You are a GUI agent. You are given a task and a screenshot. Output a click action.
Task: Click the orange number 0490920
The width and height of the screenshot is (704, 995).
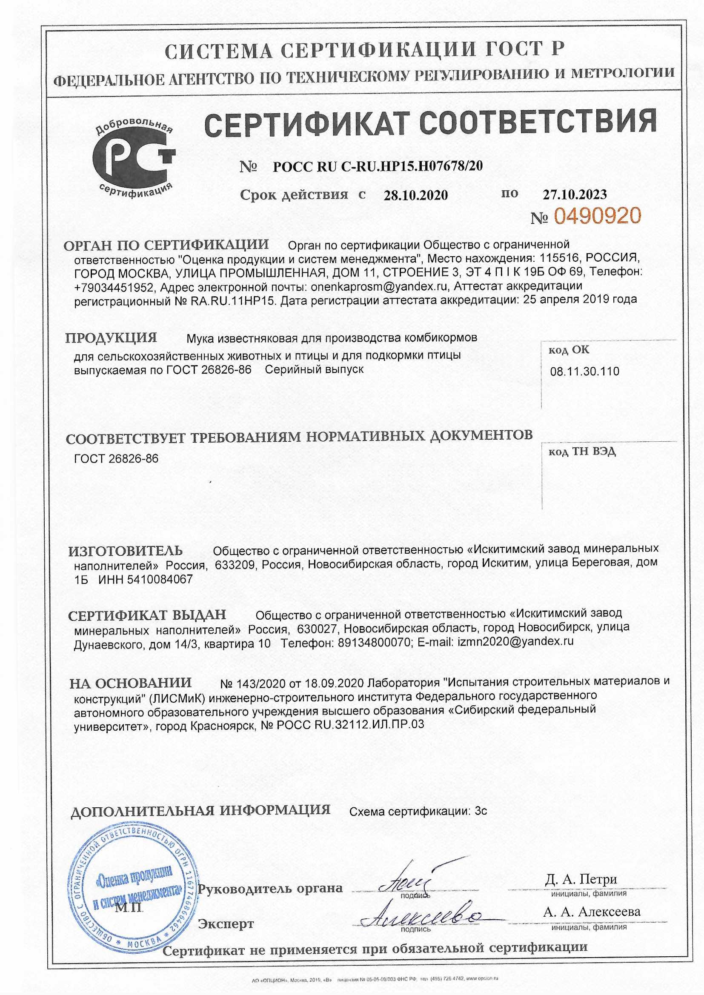(597, 216)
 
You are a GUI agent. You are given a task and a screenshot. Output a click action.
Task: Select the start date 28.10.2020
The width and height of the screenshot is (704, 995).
(416, 195)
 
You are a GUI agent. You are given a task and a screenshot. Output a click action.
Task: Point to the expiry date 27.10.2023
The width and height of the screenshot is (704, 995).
(575, 194)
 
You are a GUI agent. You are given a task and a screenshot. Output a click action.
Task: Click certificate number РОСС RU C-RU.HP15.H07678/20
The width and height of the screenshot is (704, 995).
(378, 166)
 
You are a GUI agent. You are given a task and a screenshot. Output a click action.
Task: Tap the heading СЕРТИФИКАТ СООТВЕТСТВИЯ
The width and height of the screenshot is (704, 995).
(430, 121)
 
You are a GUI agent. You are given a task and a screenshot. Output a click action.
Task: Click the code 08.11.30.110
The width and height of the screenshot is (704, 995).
(584, 372)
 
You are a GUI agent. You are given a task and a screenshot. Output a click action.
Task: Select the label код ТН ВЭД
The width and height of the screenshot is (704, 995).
(582, 452)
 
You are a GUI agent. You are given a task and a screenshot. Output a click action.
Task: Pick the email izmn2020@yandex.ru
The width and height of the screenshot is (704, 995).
(515, 641)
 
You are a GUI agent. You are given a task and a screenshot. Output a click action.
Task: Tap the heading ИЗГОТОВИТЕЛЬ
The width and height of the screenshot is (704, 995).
(126, 551)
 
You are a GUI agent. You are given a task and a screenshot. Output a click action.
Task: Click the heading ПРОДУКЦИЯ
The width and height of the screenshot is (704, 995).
(111, 338)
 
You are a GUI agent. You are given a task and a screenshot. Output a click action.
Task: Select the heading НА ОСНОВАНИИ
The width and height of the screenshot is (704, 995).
(131, 683)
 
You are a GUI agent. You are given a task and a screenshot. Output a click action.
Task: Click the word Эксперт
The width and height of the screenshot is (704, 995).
(226, 924)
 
